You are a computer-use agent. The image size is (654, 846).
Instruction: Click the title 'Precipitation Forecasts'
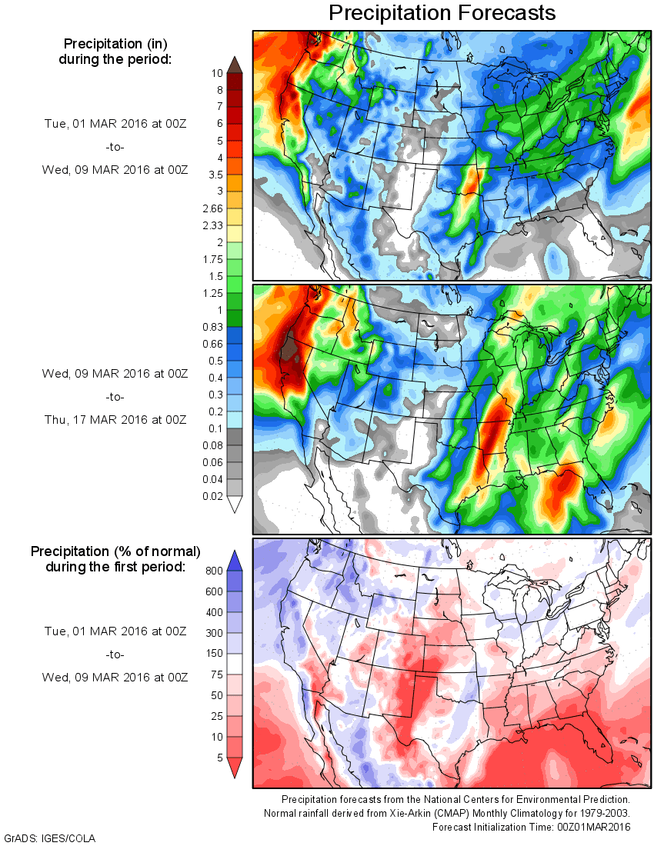click(x=441, y=13)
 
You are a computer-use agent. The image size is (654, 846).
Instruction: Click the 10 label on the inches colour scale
click(x=218, y=73)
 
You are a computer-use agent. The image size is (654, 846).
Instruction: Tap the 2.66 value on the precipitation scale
click(x=214, y=208)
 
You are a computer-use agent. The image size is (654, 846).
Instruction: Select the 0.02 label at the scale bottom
click(x=214, y=497)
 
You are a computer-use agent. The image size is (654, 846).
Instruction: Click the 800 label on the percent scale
click(x=215, y=571)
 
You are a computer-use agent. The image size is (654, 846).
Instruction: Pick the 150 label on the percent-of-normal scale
click(x=215, y=654)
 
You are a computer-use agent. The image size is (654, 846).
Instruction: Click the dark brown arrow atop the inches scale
click(x=235, y=64)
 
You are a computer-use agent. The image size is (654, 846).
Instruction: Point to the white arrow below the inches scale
click(x=235, y=505)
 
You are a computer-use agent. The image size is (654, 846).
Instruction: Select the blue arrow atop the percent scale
click(x=235, y=560)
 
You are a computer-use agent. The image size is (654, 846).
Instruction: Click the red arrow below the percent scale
click(x=235, y=768)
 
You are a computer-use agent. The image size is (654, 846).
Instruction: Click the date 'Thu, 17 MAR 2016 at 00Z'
click(x=115, y=420)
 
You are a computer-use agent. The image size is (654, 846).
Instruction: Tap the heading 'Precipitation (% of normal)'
click(x=115, y=551)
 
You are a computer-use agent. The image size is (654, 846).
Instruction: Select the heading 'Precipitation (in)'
click(x=115, y=43)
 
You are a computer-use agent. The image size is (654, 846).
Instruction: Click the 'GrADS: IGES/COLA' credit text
click(x=50, y=838)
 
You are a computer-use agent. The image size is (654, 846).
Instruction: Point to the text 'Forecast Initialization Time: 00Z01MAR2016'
click(x=531, y=827)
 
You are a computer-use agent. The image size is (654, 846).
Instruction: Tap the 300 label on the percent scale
click(x=215, y=633)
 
